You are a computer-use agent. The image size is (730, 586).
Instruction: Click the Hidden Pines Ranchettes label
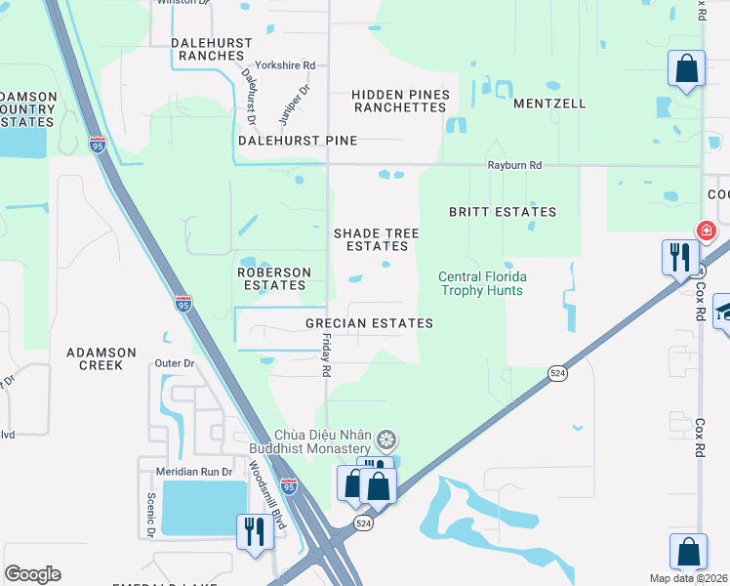point(401,101)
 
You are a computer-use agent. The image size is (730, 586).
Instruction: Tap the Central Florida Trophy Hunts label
point(480,283)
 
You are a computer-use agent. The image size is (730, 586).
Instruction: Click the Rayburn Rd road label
point(514,166)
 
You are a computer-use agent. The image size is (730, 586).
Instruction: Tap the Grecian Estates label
point(369,322)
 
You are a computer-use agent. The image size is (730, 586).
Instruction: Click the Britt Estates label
point(502,211)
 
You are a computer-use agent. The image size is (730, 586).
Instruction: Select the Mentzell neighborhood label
point(549,103)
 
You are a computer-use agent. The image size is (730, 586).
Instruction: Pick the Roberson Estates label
point(274,278)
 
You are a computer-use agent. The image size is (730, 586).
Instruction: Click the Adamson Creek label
point(95,357)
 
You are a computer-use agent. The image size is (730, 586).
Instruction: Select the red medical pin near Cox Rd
point(706,230)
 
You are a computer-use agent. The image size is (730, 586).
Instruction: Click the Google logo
point(32,574)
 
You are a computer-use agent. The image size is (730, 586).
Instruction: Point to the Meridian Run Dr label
point(195,472)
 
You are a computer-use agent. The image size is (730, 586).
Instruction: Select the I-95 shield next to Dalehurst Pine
point(98,145)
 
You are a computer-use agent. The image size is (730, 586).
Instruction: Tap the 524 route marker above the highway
point(556,373)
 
